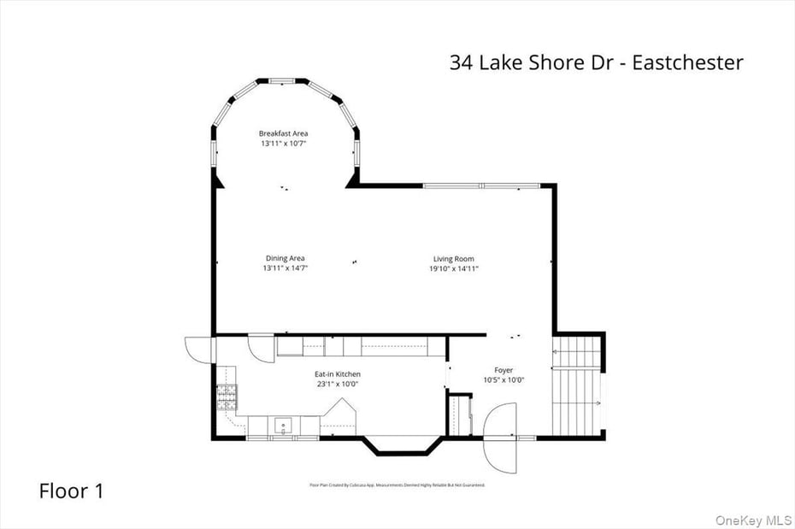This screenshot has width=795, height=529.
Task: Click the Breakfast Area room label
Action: [x=284, y=133]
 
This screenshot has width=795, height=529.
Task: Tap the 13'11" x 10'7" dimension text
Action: [x=284, y=144]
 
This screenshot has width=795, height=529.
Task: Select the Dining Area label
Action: [x=285, y=258]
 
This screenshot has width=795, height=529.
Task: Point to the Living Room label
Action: [x=453, y=259]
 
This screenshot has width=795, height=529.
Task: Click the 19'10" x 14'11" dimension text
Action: [x=453, y=268]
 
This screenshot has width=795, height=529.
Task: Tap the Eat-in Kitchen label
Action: [x=338, y=374]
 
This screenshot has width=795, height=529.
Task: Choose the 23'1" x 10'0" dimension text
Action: [x=338, y=384]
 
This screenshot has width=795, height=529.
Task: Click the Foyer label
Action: [x=504, y=370]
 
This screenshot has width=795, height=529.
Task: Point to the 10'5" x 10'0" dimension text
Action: [x=504, y=380]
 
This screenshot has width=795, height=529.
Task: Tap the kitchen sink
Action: [x=283, y=424]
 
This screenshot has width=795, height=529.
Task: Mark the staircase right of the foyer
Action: [x=578, y=383]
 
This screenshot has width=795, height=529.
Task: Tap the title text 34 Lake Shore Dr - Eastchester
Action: [x=596, y=62]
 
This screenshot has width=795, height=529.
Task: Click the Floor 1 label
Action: [x=72, y=491]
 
